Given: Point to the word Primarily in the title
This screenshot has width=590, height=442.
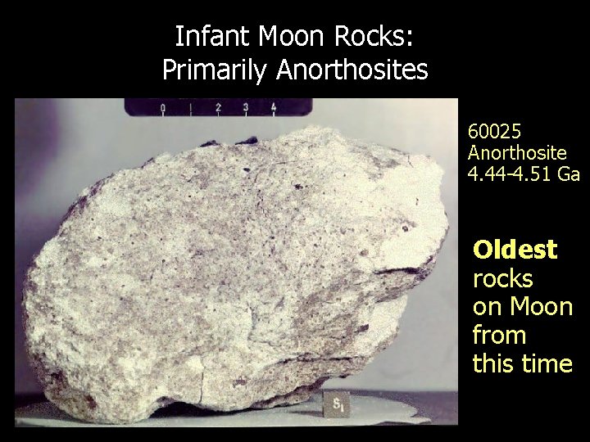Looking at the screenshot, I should [216, 70].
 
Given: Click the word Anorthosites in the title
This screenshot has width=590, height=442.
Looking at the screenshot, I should [352, 70].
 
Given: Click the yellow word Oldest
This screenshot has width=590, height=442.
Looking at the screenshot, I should [515, 249].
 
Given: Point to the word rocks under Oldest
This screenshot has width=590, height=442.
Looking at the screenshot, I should [502, 278].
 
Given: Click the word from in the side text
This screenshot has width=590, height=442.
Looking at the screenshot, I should [499, 336].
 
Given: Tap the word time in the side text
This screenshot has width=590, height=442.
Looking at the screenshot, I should [549, 363].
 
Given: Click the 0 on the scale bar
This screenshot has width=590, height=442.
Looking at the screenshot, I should [162, 107].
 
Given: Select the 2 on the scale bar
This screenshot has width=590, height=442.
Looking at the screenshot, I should [218, 107].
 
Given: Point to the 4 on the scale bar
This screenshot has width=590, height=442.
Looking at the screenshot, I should [273, 107].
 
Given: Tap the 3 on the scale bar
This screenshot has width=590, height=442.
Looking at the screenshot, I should [246, 107].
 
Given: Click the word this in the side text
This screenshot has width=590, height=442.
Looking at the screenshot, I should [495, 363].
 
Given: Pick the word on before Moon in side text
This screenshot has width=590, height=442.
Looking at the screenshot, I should [488, 308].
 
